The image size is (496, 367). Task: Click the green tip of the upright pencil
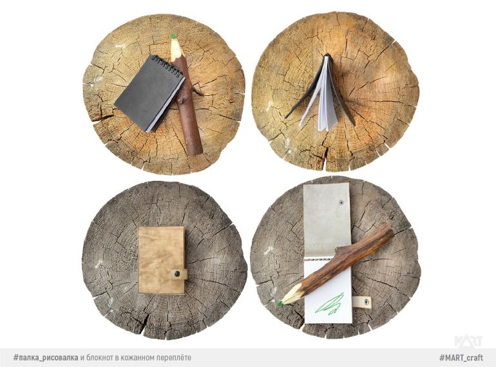tap(173, 36)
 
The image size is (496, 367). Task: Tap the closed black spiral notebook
tap(149, 93)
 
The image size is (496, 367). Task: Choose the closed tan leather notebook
tap(162, 260)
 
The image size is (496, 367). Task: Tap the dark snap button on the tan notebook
tap(177, 274)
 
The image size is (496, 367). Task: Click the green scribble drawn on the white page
tap(330, 304)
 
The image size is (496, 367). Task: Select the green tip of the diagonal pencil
tap(280, 304)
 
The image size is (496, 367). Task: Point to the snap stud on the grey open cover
tap(342, 202)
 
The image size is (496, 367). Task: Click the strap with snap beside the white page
tap(361, 302)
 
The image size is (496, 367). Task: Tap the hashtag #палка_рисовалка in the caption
tap(46, 357)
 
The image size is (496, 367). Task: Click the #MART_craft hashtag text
tap(461, 357)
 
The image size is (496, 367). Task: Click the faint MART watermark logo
tap(468, 341)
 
